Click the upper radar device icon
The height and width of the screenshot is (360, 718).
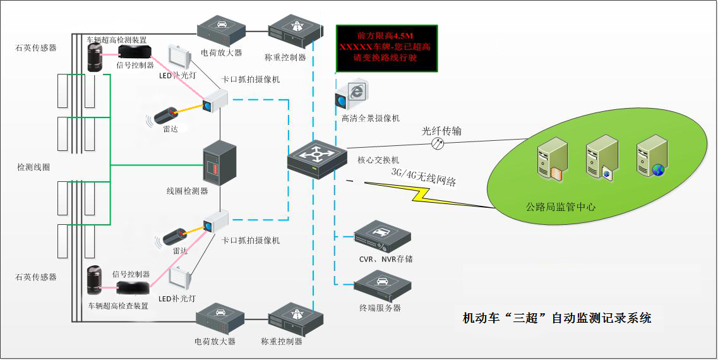(x=171, y=115)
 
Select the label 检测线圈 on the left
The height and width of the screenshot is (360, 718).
(x=33, y=167)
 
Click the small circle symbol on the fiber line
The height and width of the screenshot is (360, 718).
(x=436, y=144)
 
